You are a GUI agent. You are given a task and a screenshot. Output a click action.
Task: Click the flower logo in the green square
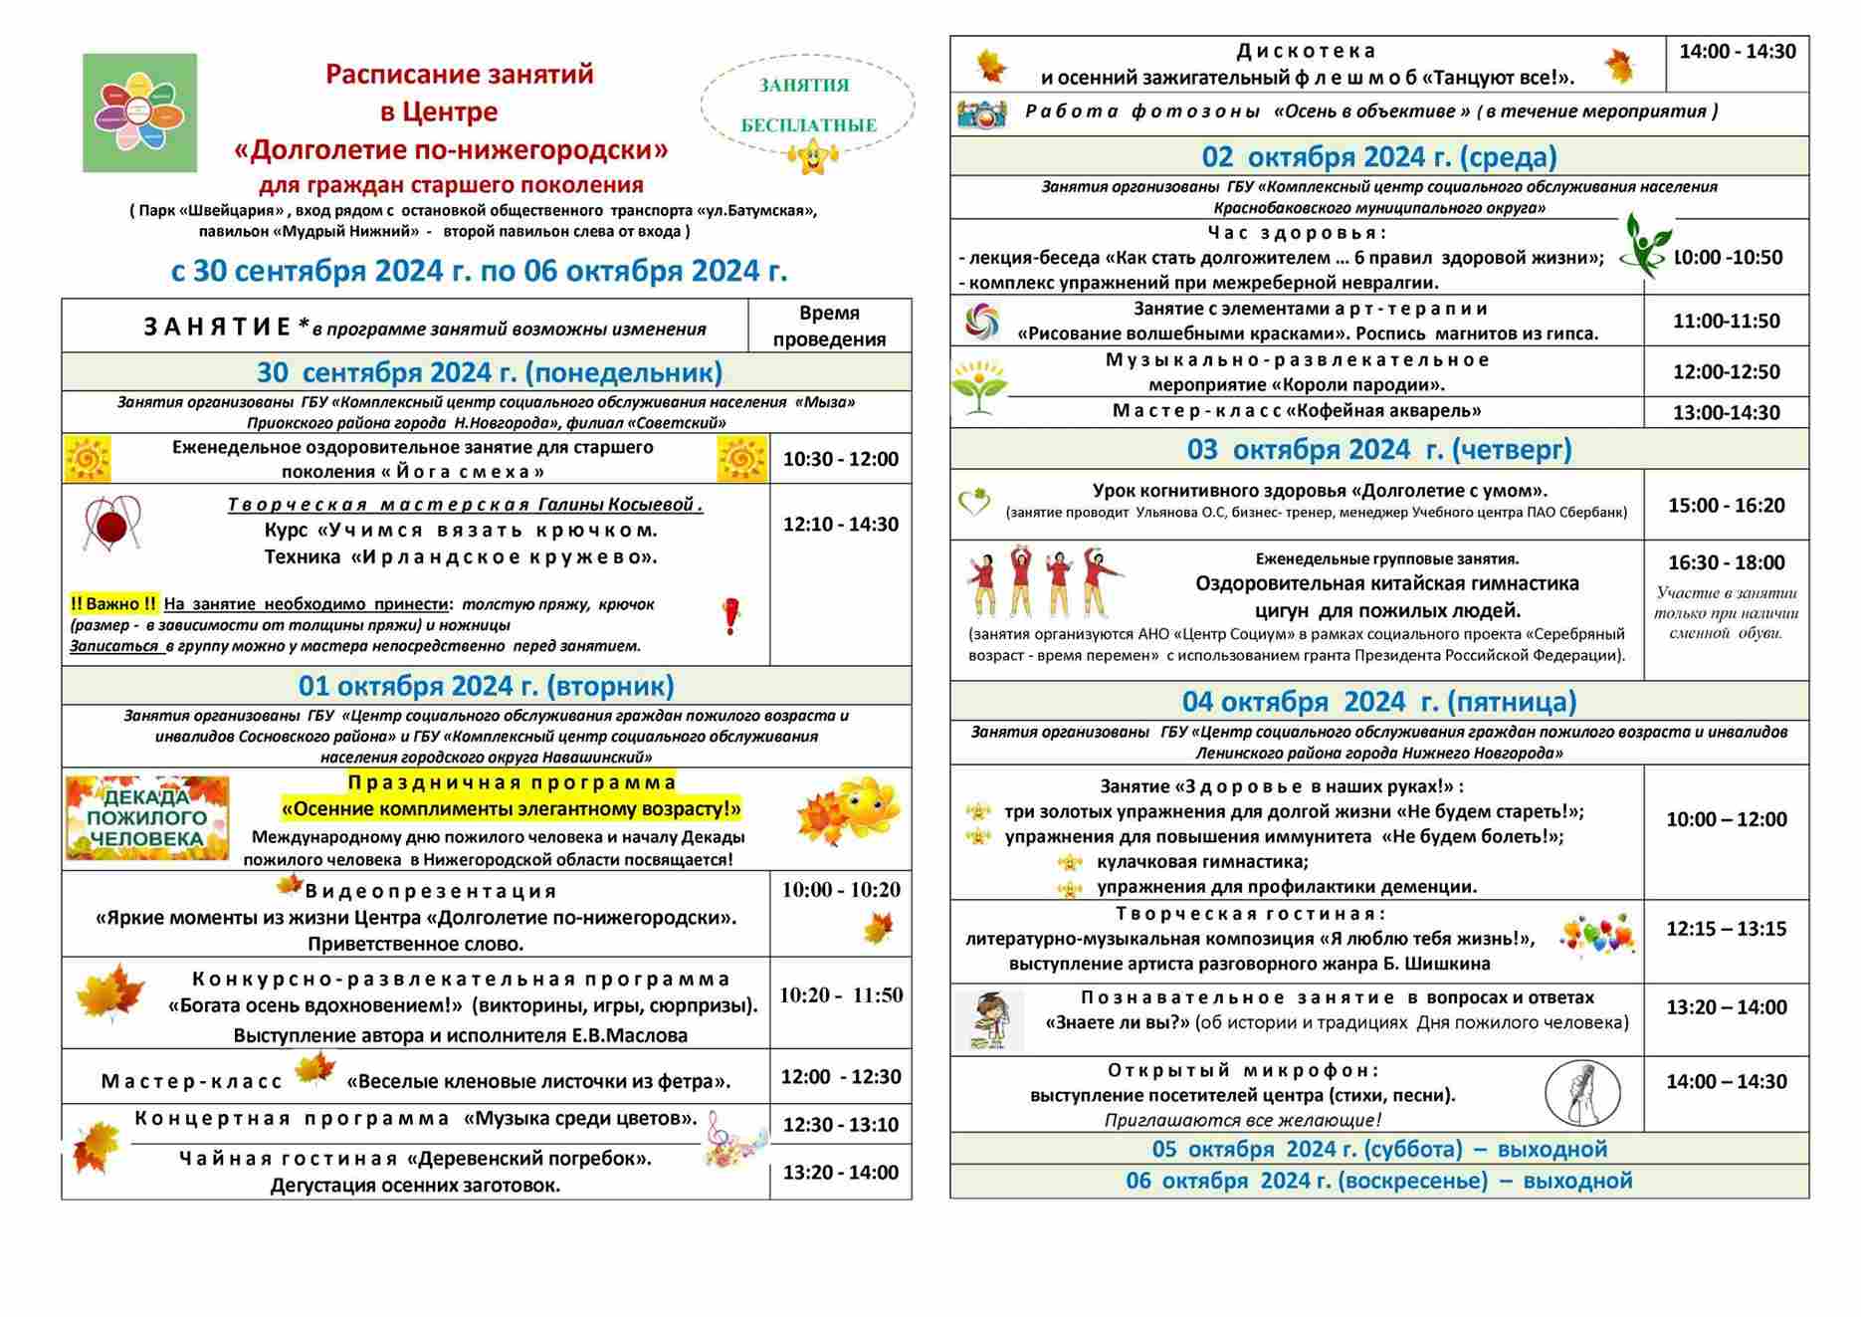[x=139, y=112]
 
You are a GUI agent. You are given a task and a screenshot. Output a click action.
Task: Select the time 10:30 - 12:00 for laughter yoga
[x=840, y=459]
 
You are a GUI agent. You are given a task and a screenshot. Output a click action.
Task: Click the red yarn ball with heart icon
[x=112, y=524]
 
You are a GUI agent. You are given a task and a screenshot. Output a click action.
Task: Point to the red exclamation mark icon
[x=731, y=616]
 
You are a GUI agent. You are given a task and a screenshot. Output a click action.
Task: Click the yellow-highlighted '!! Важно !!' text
[x=113, y=604]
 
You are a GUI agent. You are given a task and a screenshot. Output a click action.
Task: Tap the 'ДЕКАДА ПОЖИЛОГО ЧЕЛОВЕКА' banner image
[x=147, y=818]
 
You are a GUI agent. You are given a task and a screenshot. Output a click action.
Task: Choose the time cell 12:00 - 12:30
[x=840, y=1076]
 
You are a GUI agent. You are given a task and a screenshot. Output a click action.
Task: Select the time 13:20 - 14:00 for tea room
[x=840, y=1172]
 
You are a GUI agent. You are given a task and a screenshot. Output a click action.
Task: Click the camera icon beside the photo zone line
[x=981, y=113]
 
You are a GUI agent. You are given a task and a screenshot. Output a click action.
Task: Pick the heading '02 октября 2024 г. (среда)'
[x=1378, y=157]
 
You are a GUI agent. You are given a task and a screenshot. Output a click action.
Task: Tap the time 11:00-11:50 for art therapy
[x=1726, y=321]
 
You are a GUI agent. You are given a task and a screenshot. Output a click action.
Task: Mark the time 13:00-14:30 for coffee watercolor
[x=1726, y=412]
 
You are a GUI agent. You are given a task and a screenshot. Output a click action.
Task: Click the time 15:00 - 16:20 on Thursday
[x=1726, y=505]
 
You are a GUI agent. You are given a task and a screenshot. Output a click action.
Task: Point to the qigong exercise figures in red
[x=1044, y=581]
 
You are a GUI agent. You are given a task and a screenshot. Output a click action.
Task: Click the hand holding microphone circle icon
[x=1582, y=1093]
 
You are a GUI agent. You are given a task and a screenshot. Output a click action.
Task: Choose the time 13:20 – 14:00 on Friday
[x=1726, y=1006]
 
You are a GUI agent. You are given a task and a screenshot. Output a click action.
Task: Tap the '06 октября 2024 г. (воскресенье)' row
[x=1378, y=1181]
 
